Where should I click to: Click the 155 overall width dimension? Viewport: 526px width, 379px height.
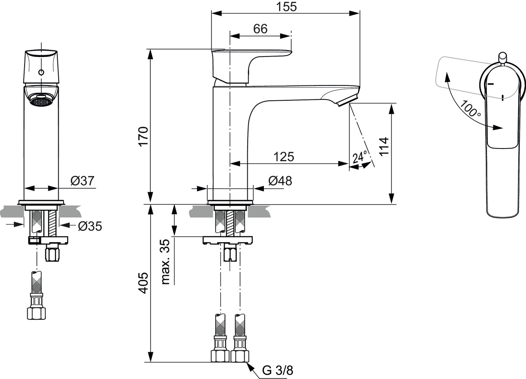point(286,7)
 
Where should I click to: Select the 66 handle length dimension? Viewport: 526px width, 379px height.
point(260,29)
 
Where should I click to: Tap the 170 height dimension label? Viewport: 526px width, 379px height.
point(143,137)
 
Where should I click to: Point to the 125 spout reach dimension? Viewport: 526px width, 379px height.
point(284,157)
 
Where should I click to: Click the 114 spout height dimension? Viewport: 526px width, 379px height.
point(384,146)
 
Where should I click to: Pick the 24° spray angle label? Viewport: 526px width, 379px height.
point(360,157)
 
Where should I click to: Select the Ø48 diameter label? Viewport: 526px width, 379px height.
point(280,181)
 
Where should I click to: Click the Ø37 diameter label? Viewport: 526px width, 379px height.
point(82,181)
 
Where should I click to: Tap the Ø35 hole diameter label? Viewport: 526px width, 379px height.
point(90,226)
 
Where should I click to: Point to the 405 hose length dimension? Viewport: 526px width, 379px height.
point(143,283)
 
